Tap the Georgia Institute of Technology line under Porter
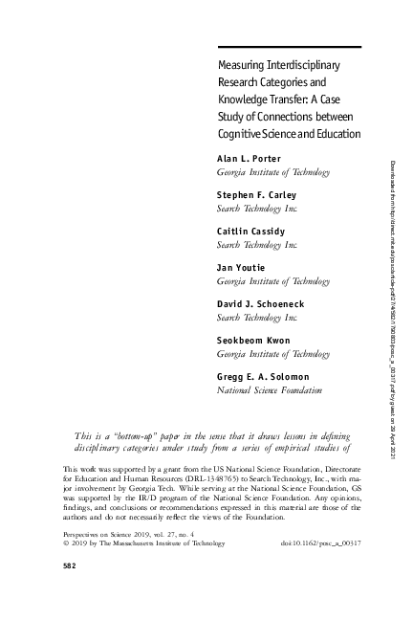coord(274,172)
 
